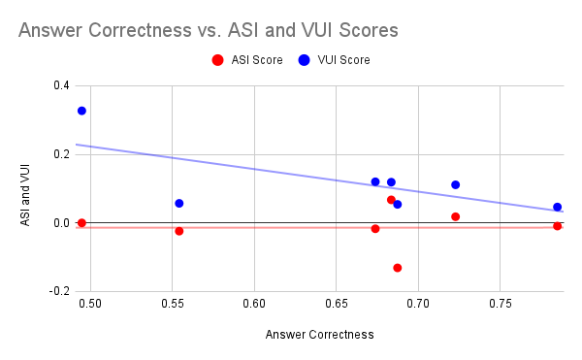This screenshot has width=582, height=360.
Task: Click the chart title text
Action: (208, 30)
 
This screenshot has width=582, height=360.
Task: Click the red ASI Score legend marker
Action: (217, 60)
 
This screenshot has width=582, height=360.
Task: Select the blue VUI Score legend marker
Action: (305, 60)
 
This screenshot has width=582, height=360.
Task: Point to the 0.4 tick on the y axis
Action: (61, 85)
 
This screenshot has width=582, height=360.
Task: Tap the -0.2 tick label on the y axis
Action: (59, 291)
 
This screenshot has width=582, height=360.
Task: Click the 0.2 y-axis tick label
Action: (61, 154)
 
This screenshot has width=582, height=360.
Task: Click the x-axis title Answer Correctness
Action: (319, 335)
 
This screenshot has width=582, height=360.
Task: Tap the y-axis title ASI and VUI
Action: (26, 188)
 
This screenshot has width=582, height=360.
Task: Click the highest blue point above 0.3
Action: (81, 111)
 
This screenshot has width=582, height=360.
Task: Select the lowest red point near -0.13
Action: (398, 268)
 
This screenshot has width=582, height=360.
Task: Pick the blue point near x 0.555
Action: (179, 203)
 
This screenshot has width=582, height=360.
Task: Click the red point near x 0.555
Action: (179, 231)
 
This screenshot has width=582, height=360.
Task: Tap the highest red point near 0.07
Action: (391, 200)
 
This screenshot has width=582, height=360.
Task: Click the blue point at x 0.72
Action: (455, 184)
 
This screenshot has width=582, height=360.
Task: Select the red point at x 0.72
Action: (455, 216)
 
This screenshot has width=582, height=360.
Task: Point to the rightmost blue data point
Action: (558, 207)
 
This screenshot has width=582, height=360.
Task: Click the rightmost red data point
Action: (558, 226)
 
